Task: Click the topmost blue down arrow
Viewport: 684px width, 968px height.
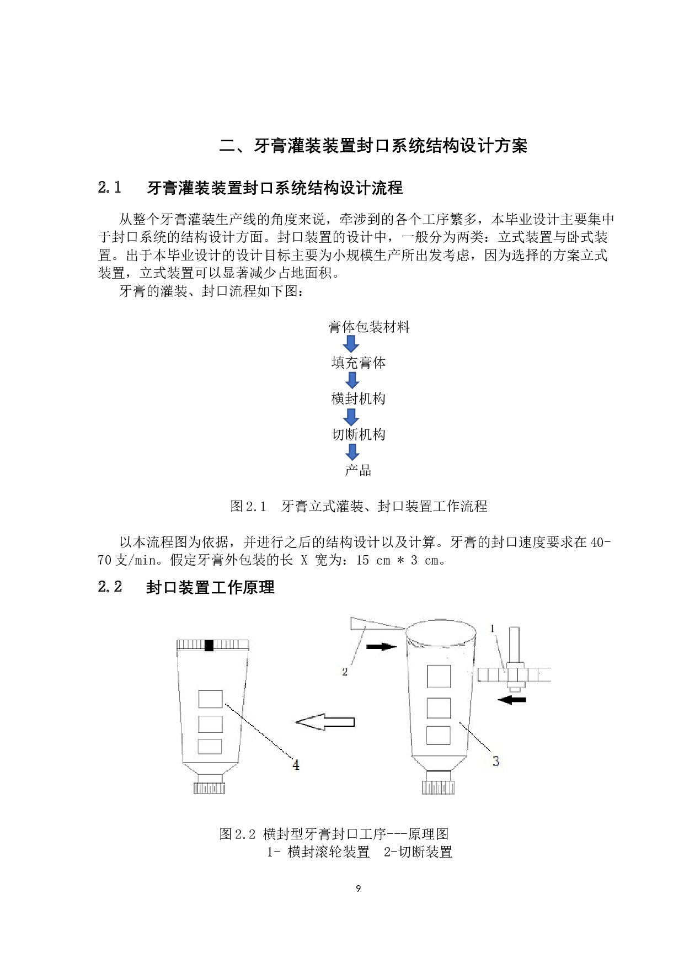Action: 351,345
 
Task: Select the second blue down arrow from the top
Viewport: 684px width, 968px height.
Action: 352,380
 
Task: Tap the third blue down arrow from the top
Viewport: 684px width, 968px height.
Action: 351,417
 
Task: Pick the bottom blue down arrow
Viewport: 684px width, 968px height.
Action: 352,452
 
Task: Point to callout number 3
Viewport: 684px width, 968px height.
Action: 495,761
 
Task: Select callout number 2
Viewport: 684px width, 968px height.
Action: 345,672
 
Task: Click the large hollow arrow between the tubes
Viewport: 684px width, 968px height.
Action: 325,722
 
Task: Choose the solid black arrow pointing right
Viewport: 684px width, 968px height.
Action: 382,646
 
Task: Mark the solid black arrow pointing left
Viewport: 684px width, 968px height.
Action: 511,700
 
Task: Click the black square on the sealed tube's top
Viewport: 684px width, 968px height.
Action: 209,645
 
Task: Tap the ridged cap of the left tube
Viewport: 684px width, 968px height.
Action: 210,788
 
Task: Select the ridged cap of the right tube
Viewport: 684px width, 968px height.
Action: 439,788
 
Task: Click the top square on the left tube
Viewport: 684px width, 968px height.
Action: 210,699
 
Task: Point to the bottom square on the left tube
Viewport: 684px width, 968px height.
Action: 210,746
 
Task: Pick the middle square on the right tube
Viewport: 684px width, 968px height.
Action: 439,708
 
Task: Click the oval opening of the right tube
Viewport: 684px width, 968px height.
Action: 441,632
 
